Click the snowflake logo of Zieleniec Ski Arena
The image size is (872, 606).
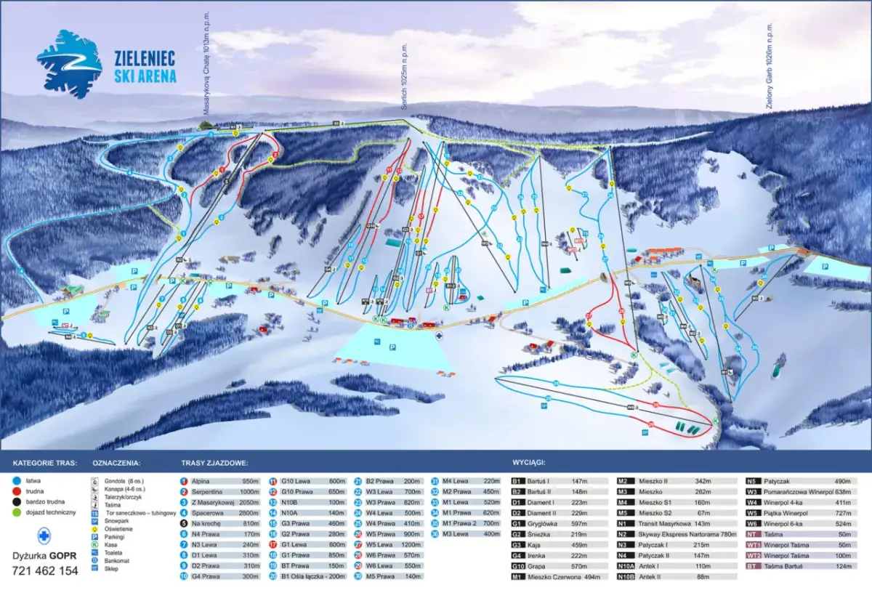[x=69, y=64]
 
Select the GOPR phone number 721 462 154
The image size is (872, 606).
[x=45, y=571]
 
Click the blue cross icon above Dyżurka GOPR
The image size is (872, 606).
[x=45, y=536]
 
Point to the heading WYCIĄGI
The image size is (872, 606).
[x=529, y=462]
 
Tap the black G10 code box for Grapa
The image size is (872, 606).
[x=518, y=566]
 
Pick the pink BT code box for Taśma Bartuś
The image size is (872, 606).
[x=754, y=566]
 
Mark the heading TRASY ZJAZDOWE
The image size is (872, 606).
[x=214, y=462]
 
